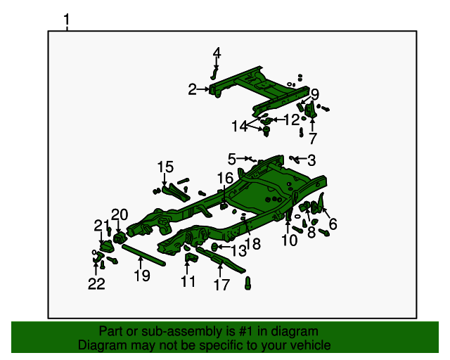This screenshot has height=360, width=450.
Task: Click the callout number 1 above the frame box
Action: tap(67, 20)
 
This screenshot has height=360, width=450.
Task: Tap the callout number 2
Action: tap(192, 89)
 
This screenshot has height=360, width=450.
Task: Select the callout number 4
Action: tap(217, 53)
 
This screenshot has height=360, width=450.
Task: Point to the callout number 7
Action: tap(312, 138)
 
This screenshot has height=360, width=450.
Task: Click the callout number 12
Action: tap(292, 120)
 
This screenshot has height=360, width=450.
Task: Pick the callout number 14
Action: tap(240, 127)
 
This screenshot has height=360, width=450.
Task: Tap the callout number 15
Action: tap(165, 167)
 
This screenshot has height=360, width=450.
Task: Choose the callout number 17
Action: tap(221, 285)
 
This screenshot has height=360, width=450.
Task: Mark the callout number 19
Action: tap(142, 276)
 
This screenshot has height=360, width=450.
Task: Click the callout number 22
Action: tap(96, 284)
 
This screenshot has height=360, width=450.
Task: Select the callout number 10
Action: tap(289, 240)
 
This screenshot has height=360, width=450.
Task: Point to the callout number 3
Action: tap(311, 160)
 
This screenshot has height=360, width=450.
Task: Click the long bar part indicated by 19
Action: tap(143, 255)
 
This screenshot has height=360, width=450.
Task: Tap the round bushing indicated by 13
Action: tap(214, 246)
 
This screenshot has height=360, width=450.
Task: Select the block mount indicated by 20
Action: tap(118, 238)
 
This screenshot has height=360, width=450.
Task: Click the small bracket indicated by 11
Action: tap(190, 257)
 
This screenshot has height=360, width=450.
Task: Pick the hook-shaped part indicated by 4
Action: tap(214, 74)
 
